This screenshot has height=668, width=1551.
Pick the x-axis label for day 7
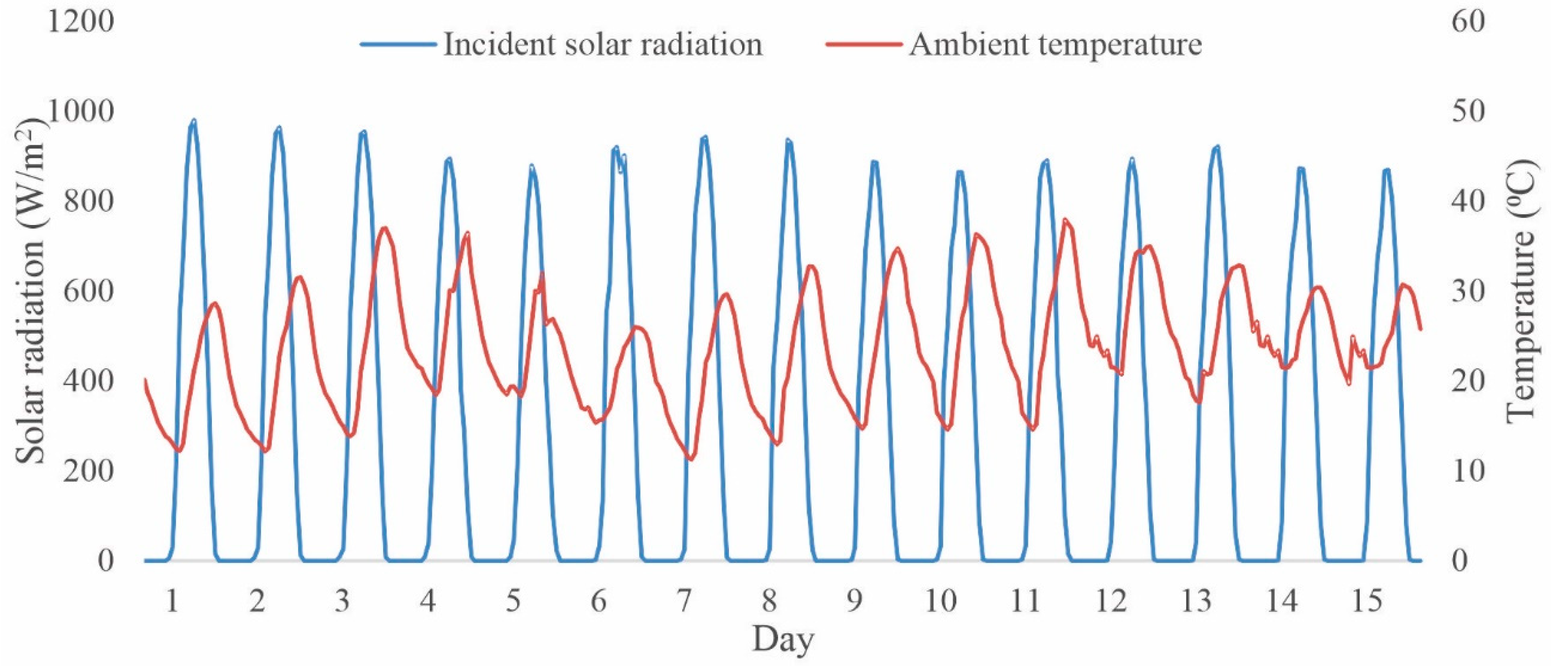(683, 600)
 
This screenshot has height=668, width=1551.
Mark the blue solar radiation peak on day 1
(193, 121)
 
